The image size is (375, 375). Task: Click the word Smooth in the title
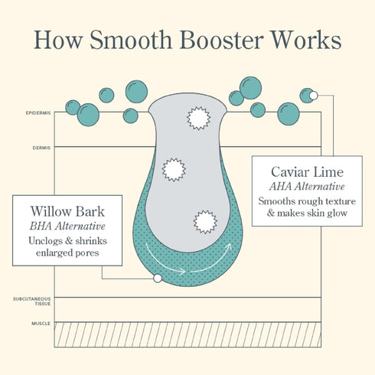(x=131, y=40)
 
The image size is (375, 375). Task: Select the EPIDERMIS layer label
(x=38, y=112)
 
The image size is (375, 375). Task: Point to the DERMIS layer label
(x=41, y=148)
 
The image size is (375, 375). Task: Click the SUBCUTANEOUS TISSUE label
(x=32, y=301)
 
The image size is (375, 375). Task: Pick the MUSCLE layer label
(x=41, y=324)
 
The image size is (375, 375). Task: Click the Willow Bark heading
(x=67, y=211)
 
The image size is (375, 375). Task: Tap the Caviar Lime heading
(x=307, y=172)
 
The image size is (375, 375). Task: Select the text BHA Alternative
(x=67, y=226)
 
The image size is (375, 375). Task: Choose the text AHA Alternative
(x=307, y=187)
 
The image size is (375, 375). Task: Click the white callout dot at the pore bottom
(x=158, y=279)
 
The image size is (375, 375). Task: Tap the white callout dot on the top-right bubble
(x=314, y=96)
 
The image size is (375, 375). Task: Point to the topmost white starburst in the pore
(x=198, y=118)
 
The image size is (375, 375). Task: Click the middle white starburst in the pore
(x=174, y=170)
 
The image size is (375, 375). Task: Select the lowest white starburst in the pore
(x=205, y=222)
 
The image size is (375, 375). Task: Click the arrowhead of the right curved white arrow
(x=229, y=246)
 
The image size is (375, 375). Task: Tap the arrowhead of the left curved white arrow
(x=182, y=272)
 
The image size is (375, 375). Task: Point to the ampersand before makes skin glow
(x=270, y=213)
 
